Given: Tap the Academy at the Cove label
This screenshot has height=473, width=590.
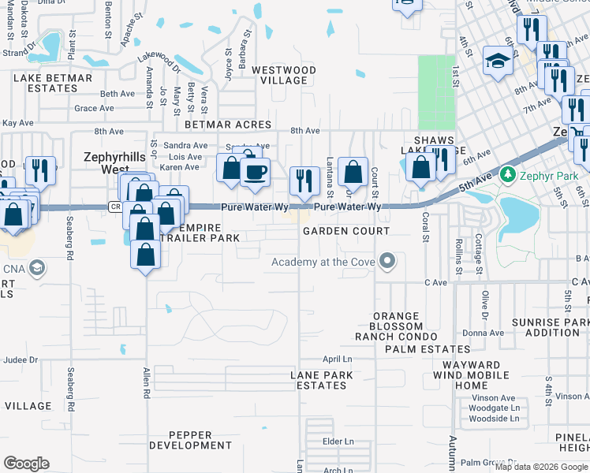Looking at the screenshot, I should click(323, 263).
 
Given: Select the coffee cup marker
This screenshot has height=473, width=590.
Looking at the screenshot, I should click(254, 172).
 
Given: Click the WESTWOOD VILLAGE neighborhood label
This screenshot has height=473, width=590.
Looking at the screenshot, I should click(284, 75).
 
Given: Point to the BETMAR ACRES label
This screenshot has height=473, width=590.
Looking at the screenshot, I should click(227, 125).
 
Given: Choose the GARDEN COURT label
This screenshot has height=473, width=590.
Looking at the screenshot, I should click(346, 231).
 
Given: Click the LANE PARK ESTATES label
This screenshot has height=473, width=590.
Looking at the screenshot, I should click(319, 380).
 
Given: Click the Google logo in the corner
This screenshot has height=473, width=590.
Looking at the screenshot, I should click(27, 464).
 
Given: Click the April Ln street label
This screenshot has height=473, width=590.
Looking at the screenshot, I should click(337, 359).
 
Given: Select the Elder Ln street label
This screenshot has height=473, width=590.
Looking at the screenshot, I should click(338, 441).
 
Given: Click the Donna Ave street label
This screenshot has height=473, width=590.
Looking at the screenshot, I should click(483, 333).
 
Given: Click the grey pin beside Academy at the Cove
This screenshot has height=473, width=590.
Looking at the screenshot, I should click(386, 260).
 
